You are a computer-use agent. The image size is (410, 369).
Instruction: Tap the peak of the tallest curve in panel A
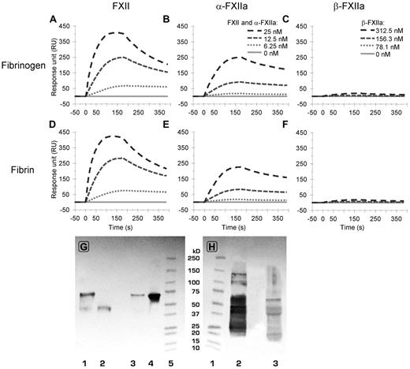tap(117, 32)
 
